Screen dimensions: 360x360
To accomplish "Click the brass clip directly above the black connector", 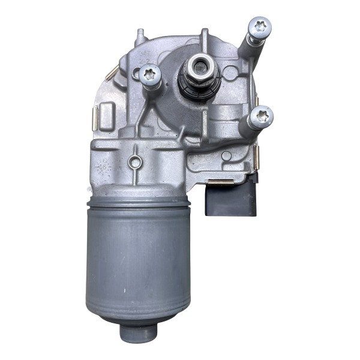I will tap(223, 182).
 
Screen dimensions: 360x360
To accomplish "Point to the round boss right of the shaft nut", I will tap(229, 74).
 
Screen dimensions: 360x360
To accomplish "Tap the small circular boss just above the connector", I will tap(226, 156).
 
